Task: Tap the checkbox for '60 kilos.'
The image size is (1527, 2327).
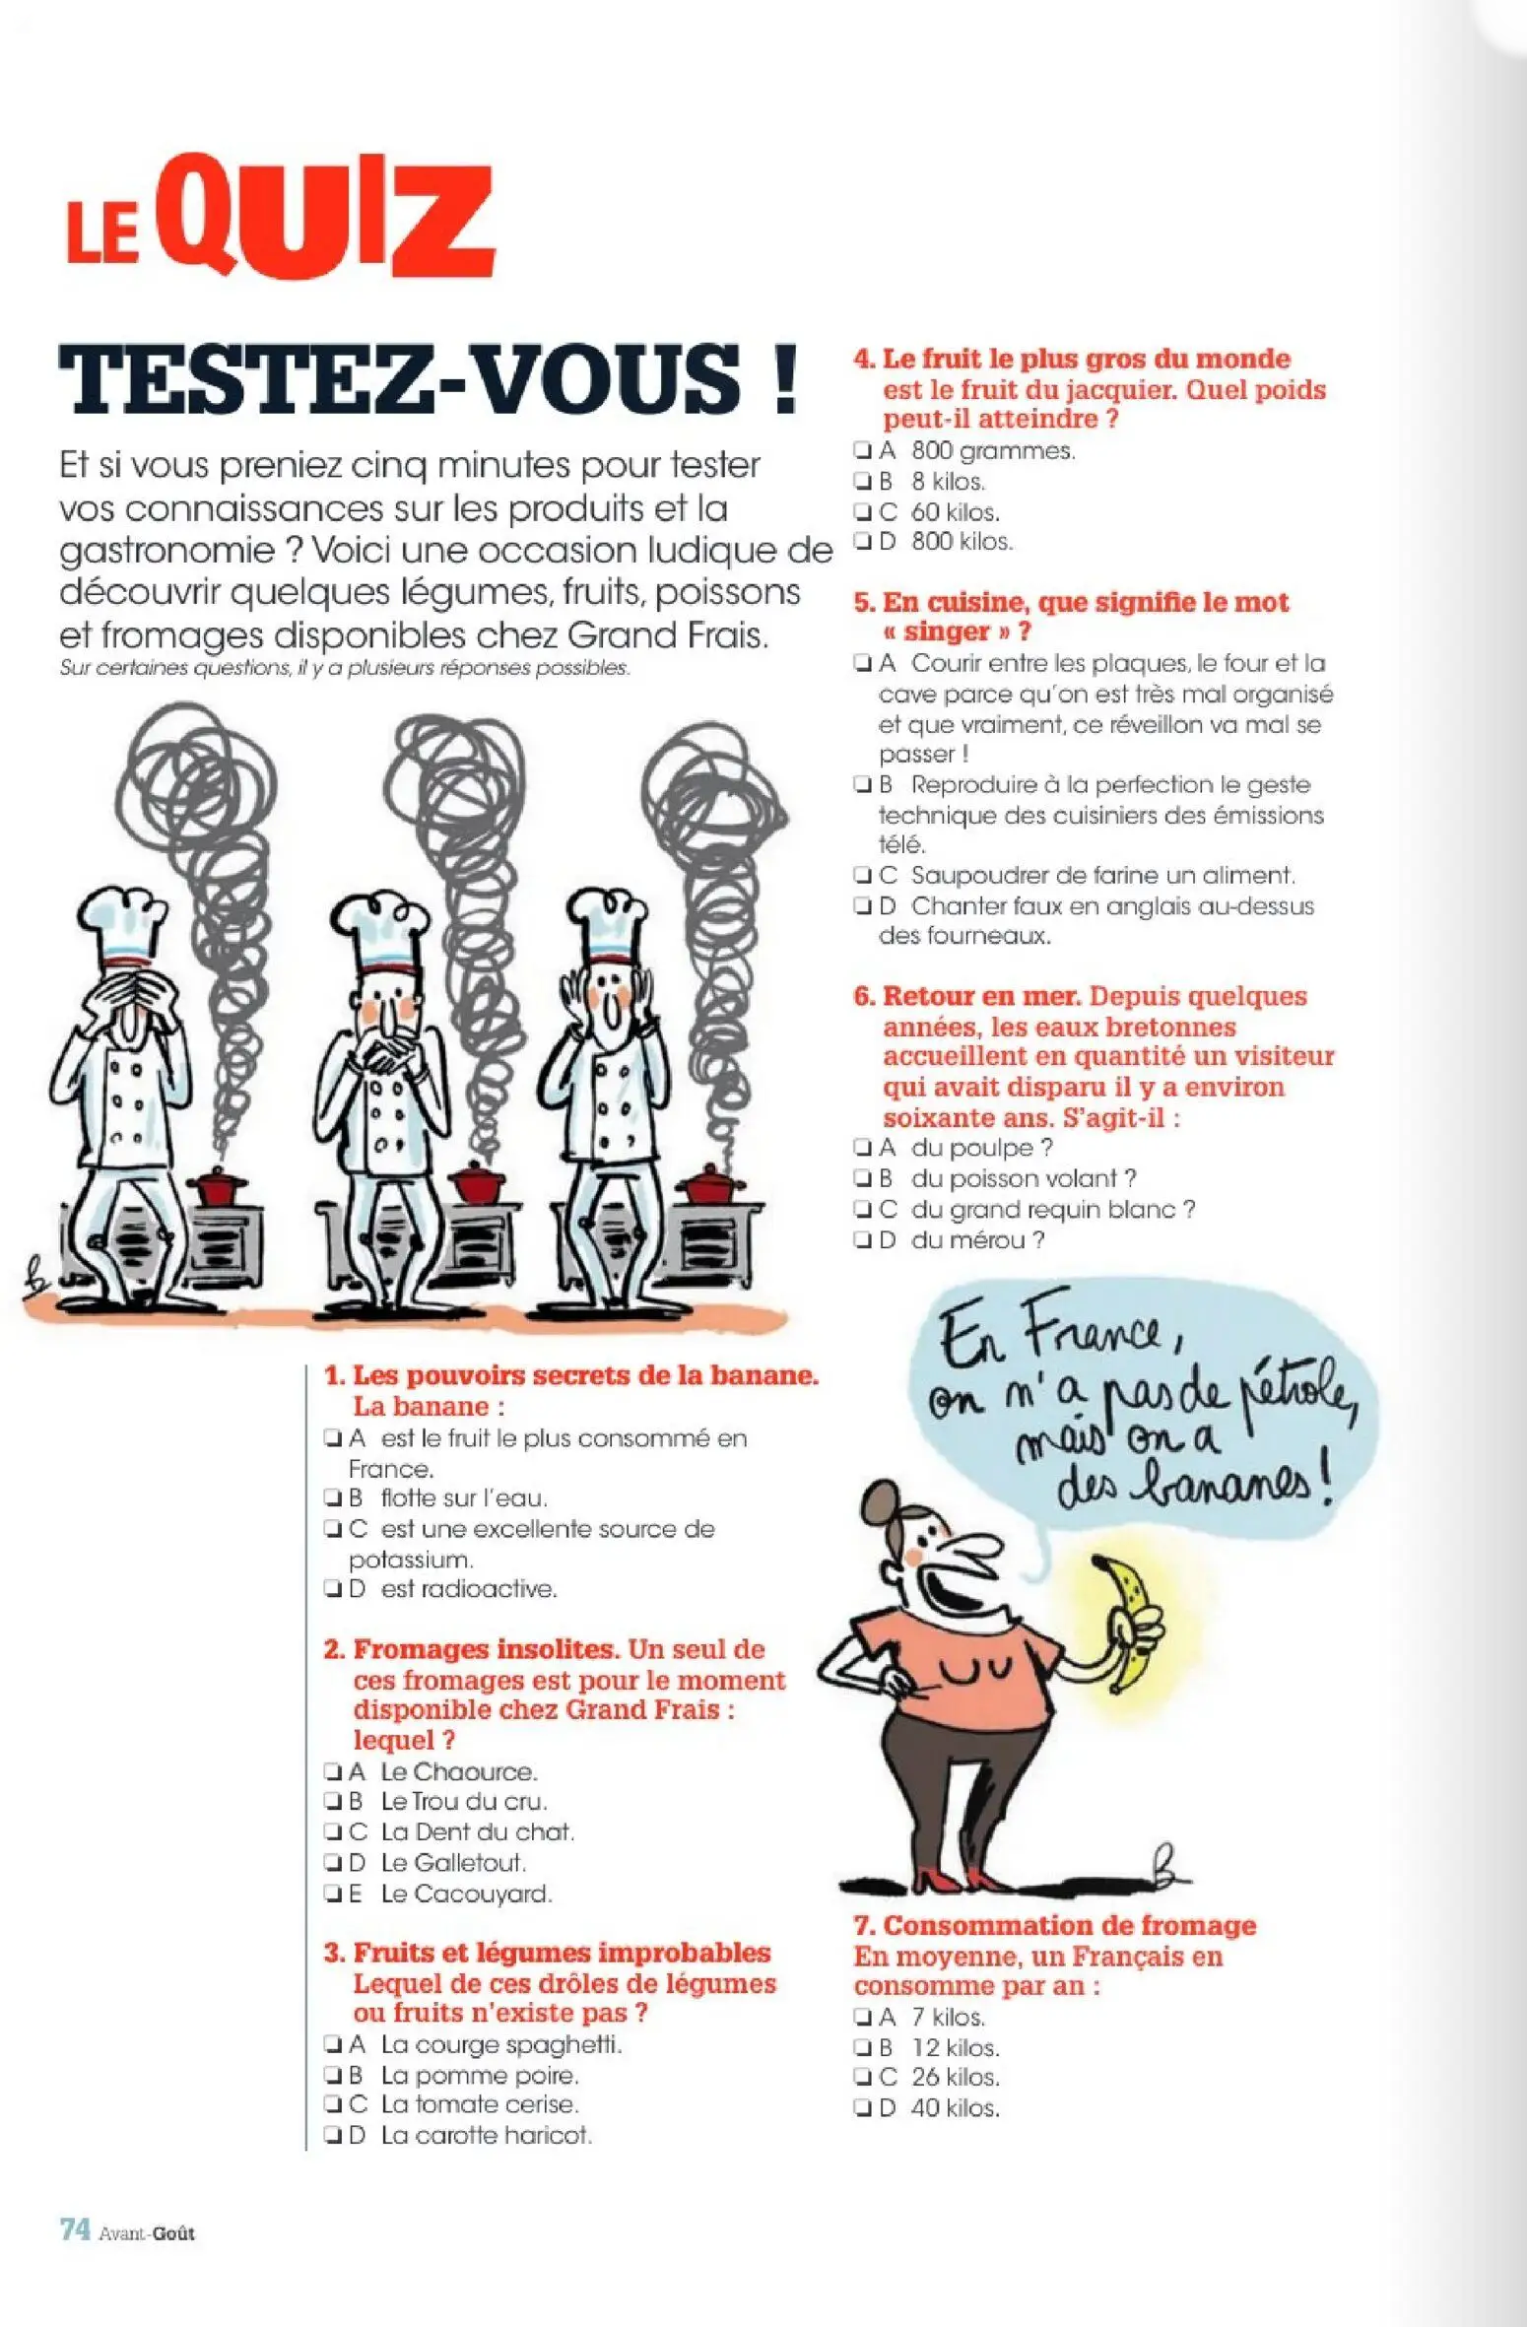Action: tap(862, 512)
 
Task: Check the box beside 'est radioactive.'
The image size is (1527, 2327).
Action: tap(332, 1589)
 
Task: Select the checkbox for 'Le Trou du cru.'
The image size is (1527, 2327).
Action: tap(332, 1802)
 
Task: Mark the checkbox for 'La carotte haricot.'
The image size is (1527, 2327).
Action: tap(332, 2136)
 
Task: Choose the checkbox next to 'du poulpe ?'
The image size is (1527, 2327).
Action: tap(862, 1148)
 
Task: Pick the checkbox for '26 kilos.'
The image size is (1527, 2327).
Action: tap(862, 2078)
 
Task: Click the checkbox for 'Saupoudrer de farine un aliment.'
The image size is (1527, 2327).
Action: tap(862, 875)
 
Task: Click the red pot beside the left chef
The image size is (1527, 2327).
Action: tap(217, 1186)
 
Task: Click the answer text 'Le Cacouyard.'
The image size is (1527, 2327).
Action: tap(466, 1894)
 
